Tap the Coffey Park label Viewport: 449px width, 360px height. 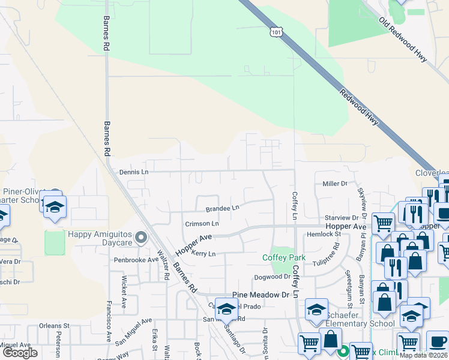[284, 258]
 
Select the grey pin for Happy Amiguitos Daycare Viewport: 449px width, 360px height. [141, 238]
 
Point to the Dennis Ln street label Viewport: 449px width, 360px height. [133, 172]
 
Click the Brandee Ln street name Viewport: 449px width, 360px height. [222, 208]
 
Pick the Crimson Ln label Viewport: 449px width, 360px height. [202, 223]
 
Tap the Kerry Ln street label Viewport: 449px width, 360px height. [203, 254]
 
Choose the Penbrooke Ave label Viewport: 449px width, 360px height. [136, 260]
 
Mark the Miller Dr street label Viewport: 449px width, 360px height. [335, 184]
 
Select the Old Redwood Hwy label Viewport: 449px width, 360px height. [403, 40]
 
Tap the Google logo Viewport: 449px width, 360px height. [20, 353]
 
